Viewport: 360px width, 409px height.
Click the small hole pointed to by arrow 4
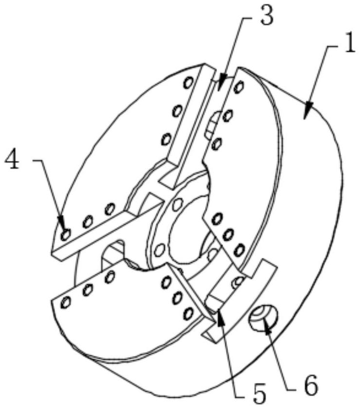click(x=65, y=235)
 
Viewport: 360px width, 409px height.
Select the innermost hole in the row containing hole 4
click(x=110, y=210)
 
